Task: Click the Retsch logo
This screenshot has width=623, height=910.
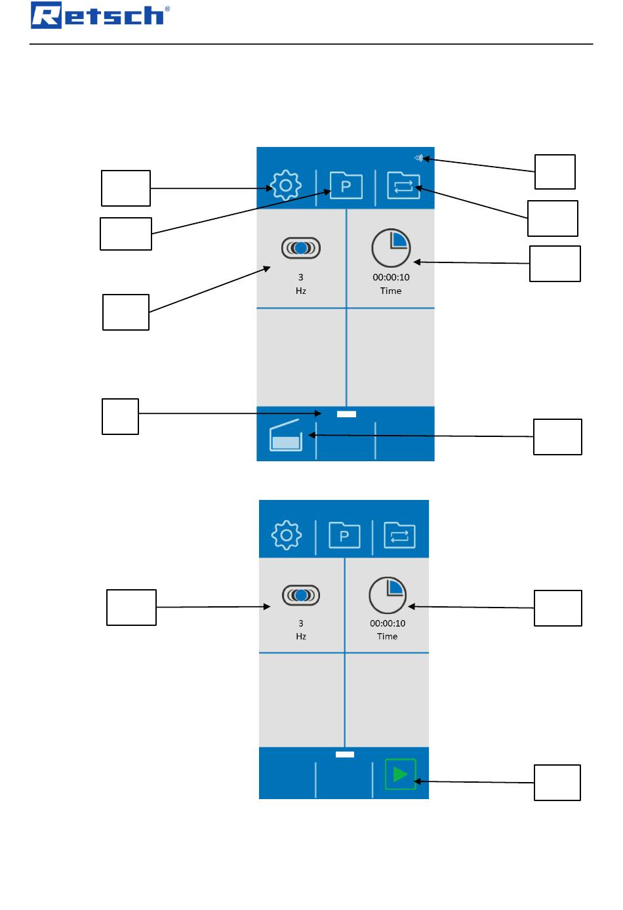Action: pyautogui.click(x=100, y=15)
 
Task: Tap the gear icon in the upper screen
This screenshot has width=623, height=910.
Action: pyautogui.click(x=286, y=185)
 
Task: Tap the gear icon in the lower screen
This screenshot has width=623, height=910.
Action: pyautogui.click(x=287, y=535)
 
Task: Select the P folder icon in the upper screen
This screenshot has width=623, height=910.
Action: pyautogui.click(x=346, y=185)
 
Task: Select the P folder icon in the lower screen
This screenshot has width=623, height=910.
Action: pyautogui.click(x=344, y=535)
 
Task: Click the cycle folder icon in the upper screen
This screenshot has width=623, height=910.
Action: pyautogui.click(x=403, y=185)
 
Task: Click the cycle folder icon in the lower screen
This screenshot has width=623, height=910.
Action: pyautogui.click(x=399, y=535)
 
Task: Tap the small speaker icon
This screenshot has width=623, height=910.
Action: pyautogui.click(x=418, y=157)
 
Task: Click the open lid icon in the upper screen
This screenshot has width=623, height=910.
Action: pyautogui.click(x=286, y=435)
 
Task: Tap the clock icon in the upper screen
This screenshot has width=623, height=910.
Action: pyautogui.click(x=391, y=248)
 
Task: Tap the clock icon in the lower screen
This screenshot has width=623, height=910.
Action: pyautogui.click(x=388, y=595)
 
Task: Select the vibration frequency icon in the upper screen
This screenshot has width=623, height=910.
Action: pyautogui.click(x=301, y=248)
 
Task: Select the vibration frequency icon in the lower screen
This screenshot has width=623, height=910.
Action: pyautogui.click(x=301, y=595)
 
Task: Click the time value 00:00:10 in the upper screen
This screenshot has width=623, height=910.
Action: pyautogui.click(x=391, y=277)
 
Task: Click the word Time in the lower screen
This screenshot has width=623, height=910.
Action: pyautogui.click(x=387, y=636)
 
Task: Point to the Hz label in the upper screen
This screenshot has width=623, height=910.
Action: pyautogui.click(x=301, y=291)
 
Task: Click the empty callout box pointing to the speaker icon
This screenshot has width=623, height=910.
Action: pyautogui.click(x=555, y=172)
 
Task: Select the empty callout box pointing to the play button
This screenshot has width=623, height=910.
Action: pyautogui.click(x=557, y=783)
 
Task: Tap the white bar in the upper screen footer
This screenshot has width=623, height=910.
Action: pyautogui.click(x=346, y=414)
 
